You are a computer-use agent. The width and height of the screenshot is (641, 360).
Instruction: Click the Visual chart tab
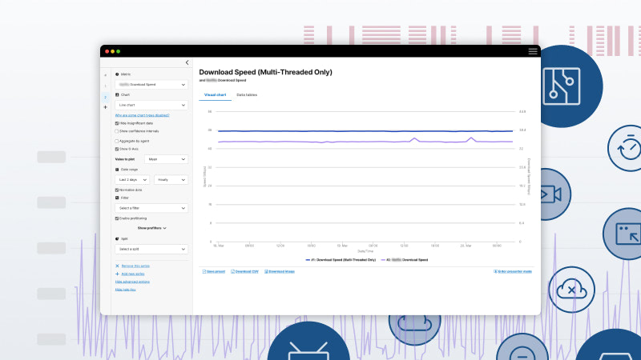216,95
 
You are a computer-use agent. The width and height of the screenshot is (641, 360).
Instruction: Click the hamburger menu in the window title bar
533,50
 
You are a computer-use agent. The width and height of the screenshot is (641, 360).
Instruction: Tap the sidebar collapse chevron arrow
187,62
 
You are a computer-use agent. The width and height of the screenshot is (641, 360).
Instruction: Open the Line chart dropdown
151,105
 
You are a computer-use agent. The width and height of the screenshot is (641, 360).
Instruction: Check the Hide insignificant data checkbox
117,123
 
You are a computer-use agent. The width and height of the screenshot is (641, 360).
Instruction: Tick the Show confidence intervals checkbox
117,130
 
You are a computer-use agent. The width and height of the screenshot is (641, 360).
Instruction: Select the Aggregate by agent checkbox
117,141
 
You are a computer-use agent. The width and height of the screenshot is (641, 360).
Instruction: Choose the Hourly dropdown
171,180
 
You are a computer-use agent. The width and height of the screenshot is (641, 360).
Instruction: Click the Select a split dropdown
151,250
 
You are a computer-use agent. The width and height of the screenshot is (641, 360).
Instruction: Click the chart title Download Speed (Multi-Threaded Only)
265,72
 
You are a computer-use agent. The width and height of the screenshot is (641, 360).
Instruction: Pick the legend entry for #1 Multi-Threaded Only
341,260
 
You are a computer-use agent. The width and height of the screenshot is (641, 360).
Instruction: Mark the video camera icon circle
549,194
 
